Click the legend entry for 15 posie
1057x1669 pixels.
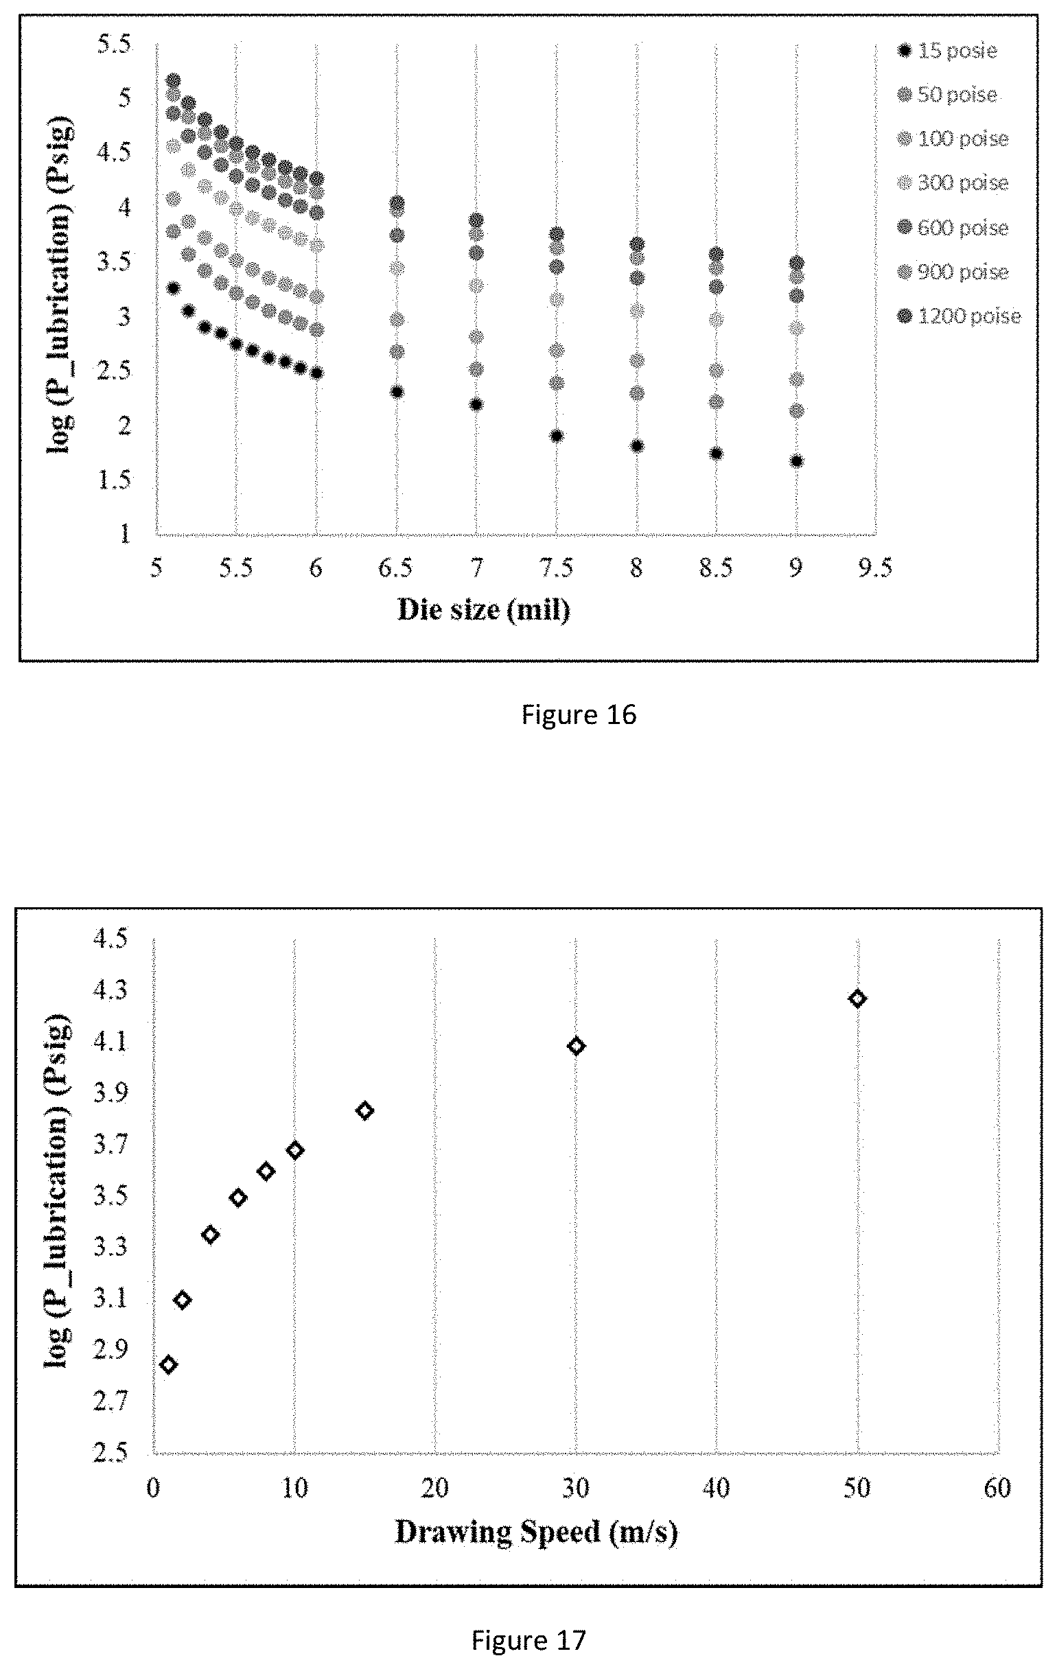click(946, 51)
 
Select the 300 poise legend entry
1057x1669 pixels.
click(953, 183)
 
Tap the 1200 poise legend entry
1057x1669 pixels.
click(959, 317)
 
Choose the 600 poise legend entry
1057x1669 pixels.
click(953, 227)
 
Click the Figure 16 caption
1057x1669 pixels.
click(579, 714)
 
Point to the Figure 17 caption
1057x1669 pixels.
click(529, 1640)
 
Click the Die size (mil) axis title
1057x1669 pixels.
click(484, 609)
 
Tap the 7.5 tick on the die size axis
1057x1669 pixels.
click(557, 568)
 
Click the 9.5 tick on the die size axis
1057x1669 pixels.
click(876, 568)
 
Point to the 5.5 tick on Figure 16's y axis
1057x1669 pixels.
click(115, 45)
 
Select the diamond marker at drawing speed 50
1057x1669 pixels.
click(857, 999)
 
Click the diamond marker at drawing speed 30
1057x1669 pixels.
click(576, 1046)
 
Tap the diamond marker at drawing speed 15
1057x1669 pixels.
click(364, 1111)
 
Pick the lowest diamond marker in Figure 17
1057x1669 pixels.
click(167, 1365)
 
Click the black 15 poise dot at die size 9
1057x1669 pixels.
click(796, 462)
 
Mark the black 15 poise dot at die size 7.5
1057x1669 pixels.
click(557, 436)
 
